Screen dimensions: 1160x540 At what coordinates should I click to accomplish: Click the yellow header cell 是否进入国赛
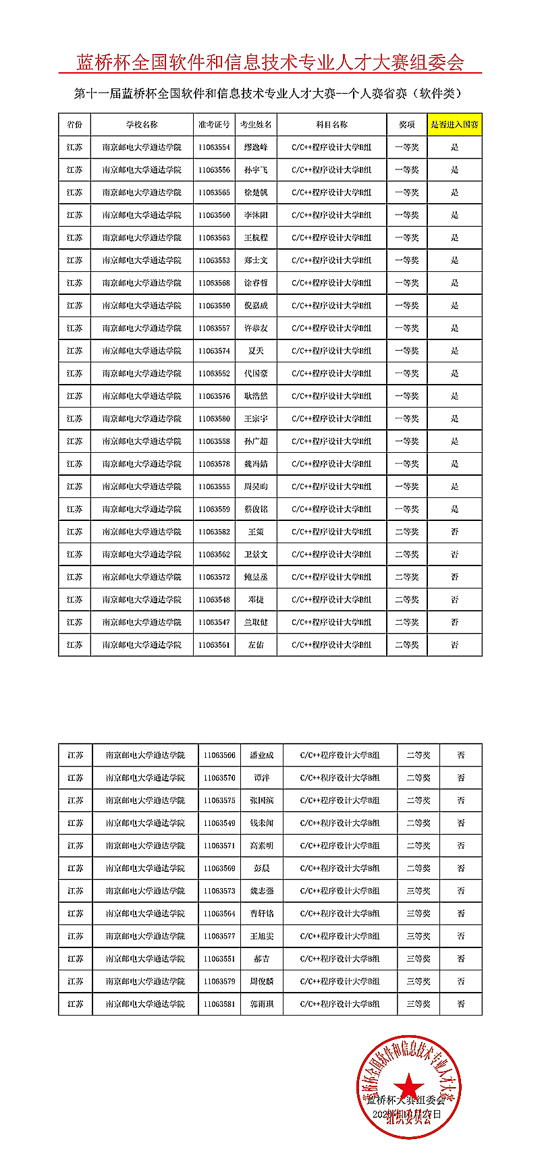(x=454, y=125)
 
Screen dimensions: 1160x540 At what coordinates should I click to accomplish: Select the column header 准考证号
(x=214, y=125)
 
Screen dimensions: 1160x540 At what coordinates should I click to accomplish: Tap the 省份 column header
(x=74, y=125)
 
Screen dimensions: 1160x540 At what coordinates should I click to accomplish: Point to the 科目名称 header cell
(x=331, y=125)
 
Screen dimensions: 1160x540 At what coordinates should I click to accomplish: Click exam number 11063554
(x=214, y=147)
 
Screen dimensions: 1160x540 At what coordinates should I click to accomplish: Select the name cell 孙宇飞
(x=256, y=170)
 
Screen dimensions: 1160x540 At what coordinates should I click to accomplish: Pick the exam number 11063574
(x=214, y=351)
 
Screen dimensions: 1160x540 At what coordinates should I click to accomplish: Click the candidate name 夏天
(x=256, y=351)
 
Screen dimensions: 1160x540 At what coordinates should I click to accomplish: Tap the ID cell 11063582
(x=214, y=532)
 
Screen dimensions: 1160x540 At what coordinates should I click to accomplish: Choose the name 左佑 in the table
(x=256, y=645)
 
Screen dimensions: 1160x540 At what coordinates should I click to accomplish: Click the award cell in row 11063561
(x=406, y=645)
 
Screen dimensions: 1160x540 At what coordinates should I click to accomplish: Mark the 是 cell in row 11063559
(x=454, y=509)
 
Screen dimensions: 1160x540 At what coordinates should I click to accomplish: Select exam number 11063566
(x=219, y=755)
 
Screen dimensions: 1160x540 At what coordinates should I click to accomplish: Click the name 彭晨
(x=261, y=868)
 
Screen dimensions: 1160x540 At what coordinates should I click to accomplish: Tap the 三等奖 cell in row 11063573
(x=418, y=891)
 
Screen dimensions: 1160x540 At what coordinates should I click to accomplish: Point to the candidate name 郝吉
(x=261, y=959)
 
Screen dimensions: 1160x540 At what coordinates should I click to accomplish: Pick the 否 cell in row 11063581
(x=460, y=1004)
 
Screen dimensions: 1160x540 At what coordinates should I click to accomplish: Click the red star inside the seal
(x=408, y=1087)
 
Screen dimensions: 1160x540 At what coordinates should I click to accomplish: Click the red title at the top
(x=270, y=63)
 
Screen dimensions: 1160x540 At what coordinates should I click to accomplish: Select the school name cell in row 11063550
(x=142, y=306)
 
